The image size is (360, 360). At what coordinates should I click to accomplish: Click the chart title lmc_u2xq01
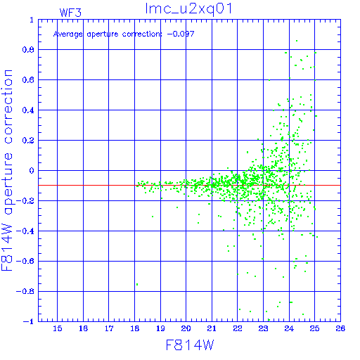click(188, 9)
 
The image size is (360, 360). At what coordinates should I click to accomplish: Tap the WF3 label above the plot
click(70, 13)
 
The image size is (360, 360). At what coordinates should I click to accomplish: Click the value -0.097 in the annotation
click(181, 34)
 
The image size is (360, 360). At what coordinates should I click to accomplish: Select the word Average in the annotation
click(68, 34)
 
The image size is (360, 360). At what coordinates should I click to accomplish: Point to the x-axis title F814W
click(190, 345)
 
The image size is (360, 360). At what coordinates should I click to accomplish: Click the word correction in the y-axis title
click(8, 107)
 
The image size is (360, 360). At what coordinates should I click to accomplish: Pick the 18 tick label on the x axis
click(134, 328)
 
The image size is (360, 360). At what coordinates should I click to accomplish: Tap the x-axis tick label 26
click(340, 328)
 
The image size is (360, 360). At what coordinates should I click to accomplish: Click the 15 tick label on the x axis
click(58, 328)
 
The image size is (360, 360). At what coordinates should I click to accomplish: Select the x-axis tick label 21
click(212, 328)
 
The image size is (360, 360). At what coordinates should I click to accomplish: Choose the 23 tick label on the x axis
click(263, 328)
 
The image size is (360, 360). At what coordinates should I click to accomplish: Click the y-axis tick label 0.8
click(28, 50)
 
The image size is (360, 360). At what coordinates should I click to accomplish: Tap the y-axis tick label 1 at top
click(32, 20)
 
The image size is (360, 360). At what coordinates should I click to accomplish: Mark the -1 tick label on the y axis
click(29, 321)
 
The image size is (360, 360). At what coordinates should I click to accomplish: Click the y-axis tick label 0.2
click(28, 141)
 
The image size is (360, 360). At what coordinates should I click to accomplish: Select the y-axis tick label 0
click(32, 171)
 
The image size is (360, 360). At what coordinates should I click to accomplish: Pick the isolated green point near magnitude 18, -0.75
click(137, 284)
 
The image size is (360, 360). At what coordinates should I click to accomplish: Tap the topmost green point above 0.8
click(297, 41)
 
